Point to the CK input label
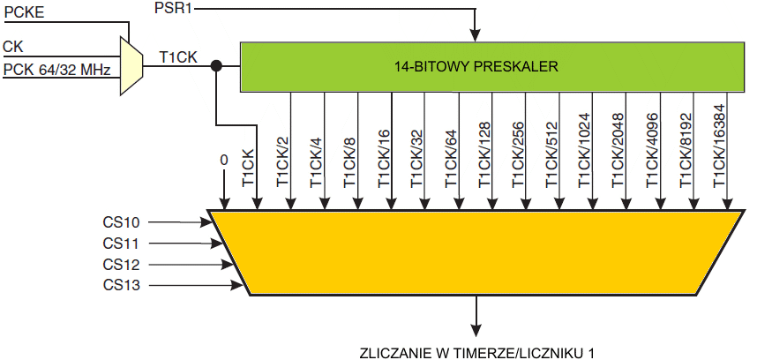[x=13, y=46]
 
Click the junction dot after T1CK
[x=216, y=64]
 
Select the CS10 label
[x=121, y=222]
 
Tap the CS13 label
[x=121, y=285]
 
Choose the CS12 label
[x=121, y=264]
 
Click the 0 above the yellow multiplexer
[x=223, y=161]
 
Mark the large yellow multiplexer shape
[x=477, y=252]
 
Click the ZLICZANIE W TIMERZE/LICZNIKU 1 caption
[x=477, y=352]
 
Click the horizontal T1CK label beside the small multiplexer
[x=177, y=57]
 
